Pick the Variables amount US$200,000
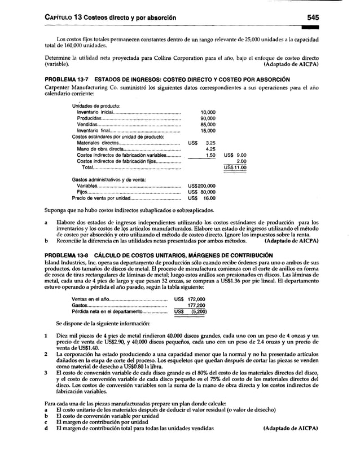201,186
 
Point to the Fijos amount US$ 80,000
201,192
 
